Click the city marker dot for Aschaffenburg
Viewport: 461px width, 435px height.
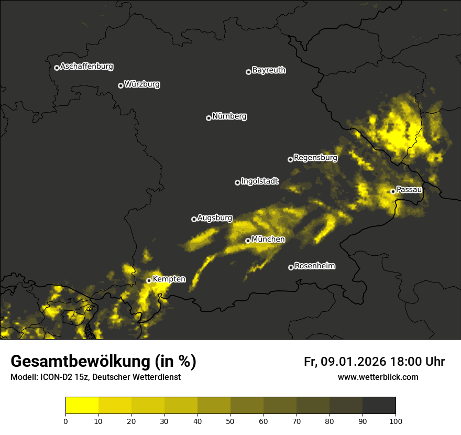57,68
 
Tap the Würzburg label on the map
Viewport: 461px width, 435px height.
142,84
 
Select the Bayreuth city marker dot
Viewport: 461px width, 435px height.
248,72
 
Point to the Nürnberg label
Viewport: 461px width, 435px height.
229,116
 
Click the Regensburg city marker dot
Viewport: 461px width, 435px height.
290,159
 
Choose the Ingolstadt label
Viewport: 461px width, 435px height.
260,181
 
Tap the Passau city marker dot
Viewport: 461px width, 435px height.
393,191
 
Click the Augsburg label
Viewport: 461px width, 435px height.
215,218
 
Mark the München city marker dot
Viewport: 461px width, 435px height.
248,241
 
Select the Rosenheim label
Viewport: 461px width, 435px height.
315,266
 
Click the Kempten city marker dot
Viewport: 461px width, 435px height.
149,280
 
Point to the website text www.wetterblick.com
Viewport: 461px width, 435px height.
378,377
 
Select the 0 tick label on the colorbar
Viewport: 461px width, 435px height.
65,420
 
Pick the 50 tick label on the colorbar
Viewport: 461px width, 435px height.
230,420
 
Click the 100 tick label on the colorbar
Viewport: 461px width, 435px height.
396,420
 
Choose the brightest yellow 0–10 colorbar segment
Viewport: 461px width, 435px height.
82,406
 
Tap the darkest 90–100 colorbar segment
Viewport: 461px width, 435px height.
379,406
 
